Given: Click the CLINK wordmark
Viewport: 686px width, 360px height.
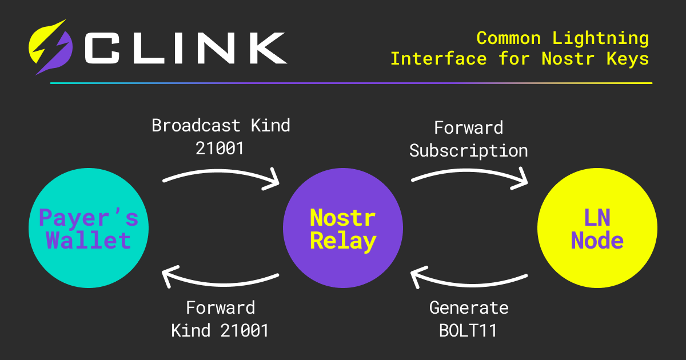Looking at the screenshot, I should pyautogui.click(x=185, y=48).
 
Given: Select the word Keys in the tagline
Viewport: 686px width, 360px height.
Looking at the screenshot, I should pyautogui.click(x=628, y=58).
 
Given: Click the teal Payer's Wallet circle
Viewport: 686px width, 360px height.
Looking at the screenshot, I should pyautogui.click(x=89, y=228).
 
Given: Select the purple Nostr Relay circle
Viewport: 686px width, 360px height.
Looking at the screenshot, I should pyautogui.click(x=343, y=228).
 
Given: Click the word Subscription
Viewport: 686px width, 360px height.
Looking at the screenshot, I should pyautogui.click(x=469, y=151).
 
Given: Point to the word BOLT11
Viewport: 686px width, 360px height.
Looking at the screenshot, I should pyautogui.click(x=469, y=330).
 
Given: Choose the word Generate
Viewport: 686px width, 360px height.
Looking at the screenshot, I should pyautogui.click(x=469, y=308).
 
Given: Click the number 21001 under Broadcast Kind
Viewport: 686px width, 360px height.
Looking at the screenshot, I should pyautogui.click(x=220, y=148).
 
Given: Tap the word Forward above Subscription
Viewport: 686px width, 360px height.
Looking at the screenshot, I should pyautogui.click(x=469, y=127).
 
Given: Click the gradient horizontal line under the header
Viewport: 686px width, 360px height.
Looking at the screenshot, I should pyautogui.click(x=351, y=83).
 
